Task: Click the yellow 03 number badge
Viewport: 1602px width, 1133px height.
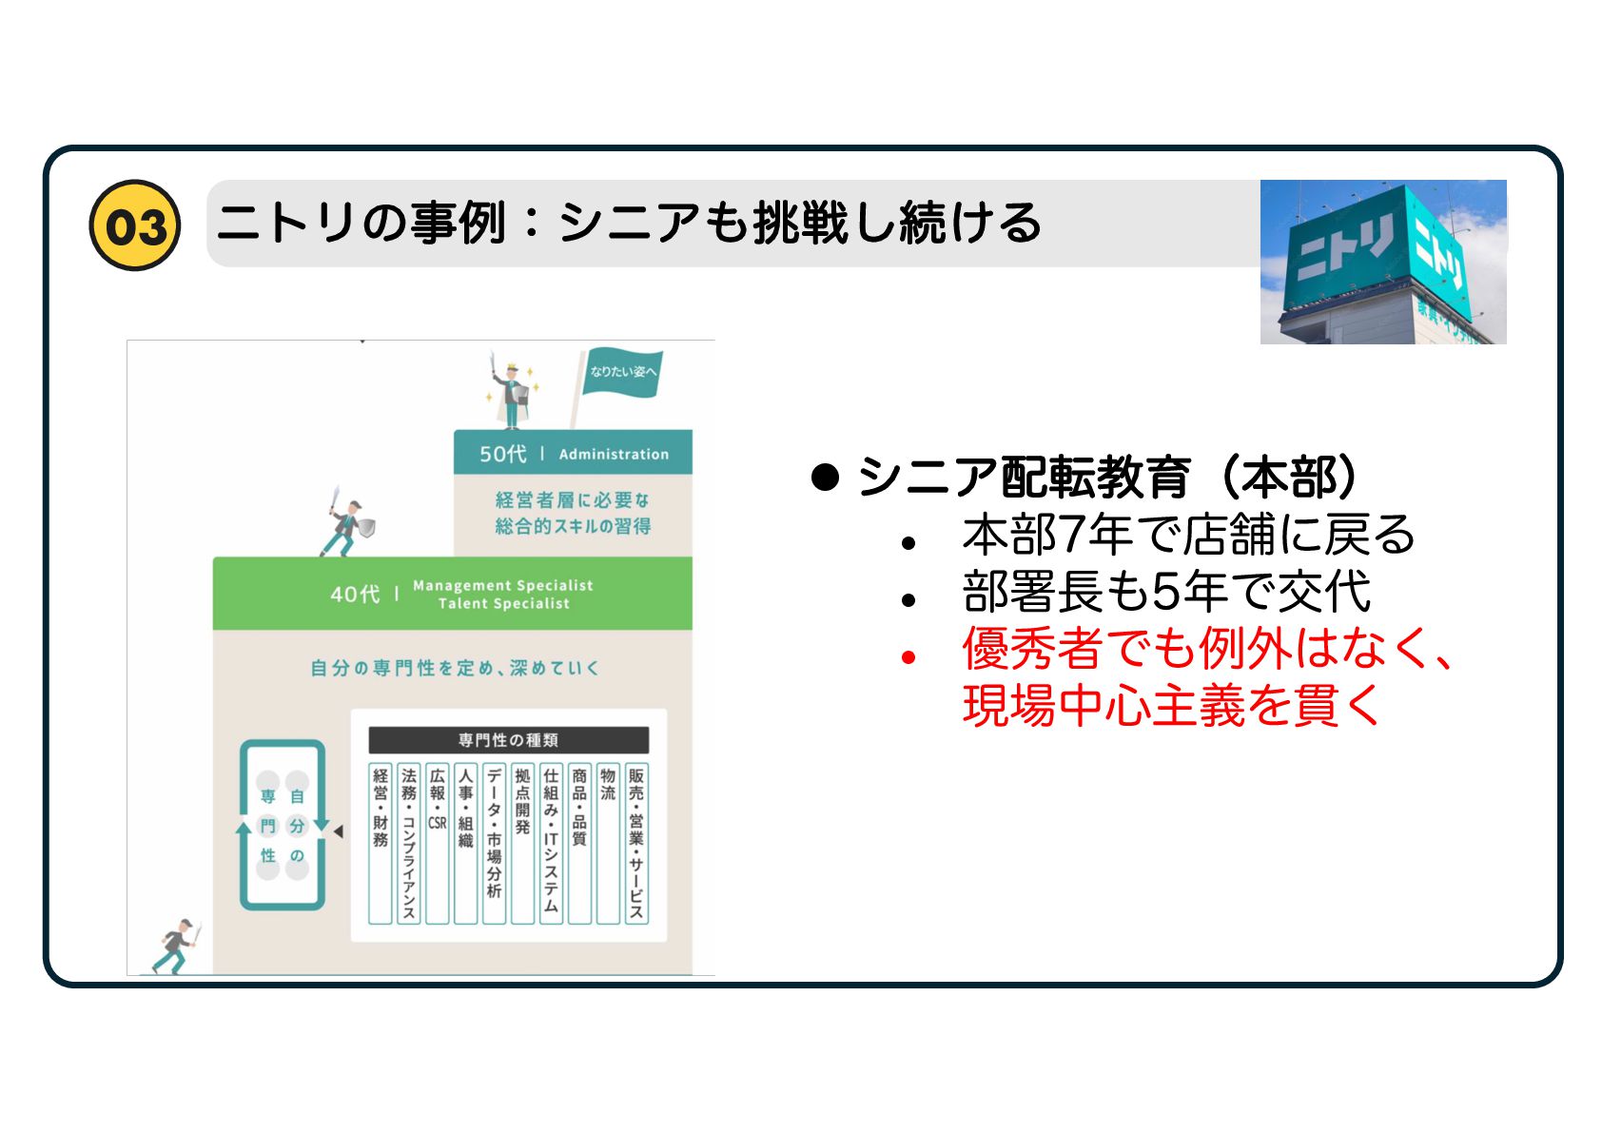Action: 134,225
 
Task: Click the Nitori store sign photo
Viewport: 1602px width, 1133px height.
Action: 1382,262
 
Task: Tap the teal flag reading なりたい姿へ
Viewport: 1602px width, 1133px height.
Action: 621,372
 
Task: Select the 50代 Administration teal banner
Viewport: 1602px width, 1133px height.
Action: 573,453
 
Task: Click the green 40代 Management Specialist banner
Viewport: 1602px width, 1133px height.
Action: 453,594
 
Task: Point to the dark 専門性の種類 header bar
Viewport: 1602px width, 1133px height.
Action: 508,739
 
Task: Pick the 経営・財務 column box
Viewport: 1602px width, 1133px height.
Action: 381,843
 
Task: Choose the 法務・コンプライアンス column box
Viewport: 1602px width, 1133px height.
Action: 409,843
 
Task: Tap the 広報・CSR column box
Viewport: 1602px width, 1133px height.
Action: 438,843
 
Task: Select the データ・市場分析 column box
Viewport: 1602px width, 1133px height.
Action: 494,843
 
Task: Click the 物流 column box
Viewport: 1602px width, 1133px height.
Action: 608,843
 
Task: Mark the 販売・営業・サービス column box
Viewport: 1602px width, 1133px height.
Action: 636,843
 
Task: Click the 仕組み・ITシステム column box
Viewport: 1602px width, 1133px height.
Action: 551,843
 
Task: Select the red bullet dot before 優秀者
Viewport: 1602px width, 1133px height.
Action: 908,656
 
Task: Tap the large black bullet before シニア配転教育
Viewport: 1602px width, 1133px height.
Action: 825,477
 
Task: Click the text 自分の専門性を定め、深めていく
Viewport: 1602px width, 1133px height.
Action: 454,668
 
